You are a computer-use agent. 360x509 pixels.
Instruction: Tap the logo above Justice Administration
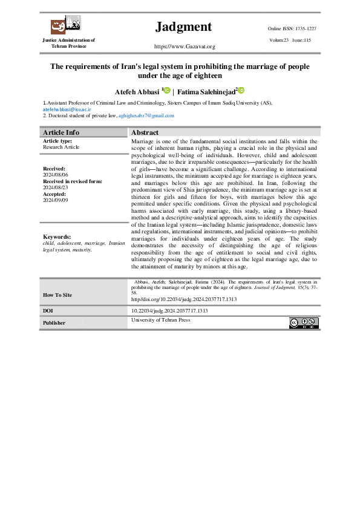(x=65, y=25)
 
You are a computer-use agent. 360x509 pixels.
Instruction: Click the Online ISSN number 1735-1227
(x=301, y=28)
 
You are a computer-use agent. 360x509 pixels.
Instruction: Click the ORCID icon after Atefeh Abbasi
(x=167, y=91)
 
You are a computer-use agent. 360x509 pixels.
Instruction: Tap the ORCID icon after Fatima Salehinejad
(x=241, y=91)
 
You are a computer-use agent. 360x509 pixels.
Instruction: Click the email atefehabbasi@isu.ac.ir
(x=67, y=109)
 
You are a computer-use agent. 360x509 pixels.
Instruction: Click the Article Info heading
(x=61, y=132)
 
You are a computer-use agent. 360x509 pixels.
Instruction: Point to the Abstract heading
(x=145, y=132)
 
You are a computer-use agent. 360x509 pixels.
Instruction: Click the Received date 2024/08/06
(x=57, y=175)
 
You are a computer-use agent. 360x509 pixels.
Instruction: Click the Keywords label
(x=57, y=254)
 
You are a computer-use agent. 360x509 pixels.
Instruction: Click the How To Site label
(x=57, y=295)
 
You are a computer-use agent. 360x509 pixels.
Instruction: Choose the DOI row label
(x=48, y=311)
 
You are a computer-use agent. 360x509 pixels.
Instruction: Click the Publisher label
(x=54, y=323)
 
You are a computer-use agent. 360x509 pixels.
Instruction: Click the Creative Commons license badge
(x=303, y=323)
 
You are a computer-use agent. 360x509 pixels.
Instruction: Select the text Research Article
(x=61, y=147)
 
